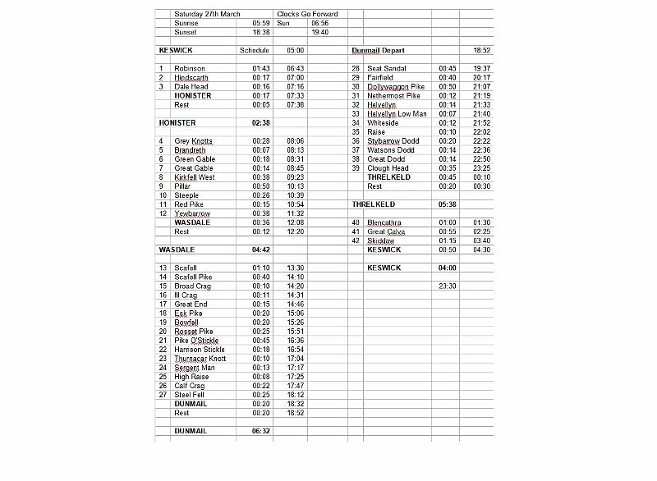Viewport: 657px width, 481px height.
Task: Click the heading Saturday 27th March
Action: click(201, 14)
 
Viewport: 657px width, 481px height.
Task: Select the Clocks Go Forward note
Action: click(307, 14)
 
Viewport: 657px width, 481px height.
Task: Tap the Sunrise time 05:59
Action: click(261, 23)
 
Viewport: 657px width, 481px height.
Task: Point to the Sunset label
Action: click(186, 32)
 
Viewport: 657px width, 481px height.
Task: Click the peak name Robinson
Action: click(190, 68)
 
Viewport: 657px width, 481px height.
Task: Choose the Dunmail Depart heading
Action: click(378, 50)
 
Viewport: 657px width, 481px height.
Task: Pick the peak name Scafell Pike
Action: click(193, 277)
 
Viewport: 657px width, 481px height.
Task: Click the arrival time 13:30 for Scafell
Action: click(296, 268)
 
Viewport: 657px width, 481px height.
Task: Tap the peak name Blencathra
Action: click(385, 222)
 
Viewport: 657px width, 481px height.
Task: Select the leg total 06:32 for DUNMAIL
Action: click(261, 431)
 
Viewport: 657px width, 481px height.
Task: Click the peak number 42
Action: click(356, 240)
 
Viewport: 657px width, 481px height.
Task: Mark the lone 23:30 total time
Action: click(448, 286)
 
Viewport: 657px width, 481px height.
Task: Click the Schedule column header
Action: click(254, 50)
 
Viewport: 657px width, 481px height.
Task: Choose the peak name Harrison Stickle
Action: click(200, 349)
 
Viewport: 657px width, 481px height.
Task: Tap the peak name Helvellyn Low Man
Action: click(397, 113)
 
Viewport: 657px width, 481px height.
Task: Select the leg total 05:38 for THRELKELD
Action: click(448, 204)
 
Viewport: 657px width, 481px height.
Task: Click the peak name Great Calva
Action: click(386, 231)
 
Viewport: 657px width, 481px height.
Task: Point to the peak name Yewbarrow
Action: click(192, 213)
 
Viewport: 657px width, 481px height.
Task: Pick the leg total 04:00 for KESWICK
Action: click(448, 268)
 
